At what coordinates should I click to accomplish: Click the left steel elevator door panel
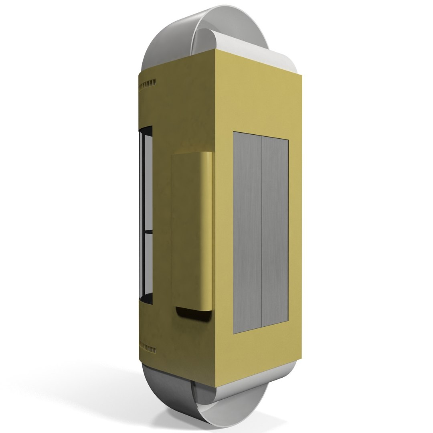click(247, 233)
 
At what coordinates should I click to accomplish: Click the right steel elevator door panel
click(275, 231)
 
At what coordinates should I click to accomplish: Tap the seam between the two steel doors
click(261, 232)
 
